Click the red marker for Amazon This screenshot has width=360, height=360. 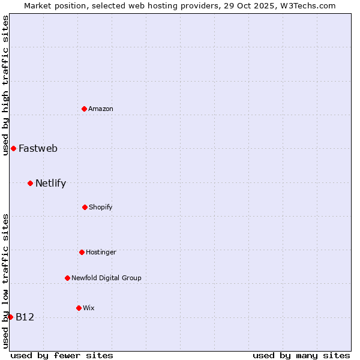coord(84,109)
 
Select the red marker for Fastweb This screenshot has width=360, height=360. coord(13,148)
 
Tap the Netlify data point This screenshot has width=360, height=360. coord(30,183)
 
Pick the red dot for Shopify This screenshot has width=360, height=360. coord(85,207)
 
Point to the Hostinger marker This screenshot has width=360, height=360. coord(82,252)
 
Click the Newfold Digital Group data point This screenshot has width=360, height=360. coord(67,278)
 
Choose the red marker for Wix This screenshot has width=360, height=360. coord(79,308)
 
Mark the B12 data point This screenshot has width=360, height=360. coord(10,317)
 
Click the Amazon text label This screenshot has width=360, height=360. coord(101,109)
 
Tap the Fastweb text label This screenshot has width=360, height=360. coord(38,148)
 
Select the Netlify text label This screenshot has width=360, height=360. coord(50,183)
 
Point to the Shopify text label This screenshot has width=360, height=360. coord(101,207)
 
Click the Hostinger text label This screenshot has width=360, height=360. coord(101,252)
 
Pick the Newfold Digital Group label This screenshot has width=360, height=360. coord(106,278)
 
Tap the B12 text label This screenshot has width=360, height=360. coord(25,317)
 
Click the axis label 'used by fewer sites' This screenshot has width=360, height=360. coord(62,355)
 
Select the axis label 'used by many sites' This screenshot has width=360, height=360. coord(301,355)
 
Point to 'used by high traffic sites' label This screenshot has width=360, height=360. coord(5,85)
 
